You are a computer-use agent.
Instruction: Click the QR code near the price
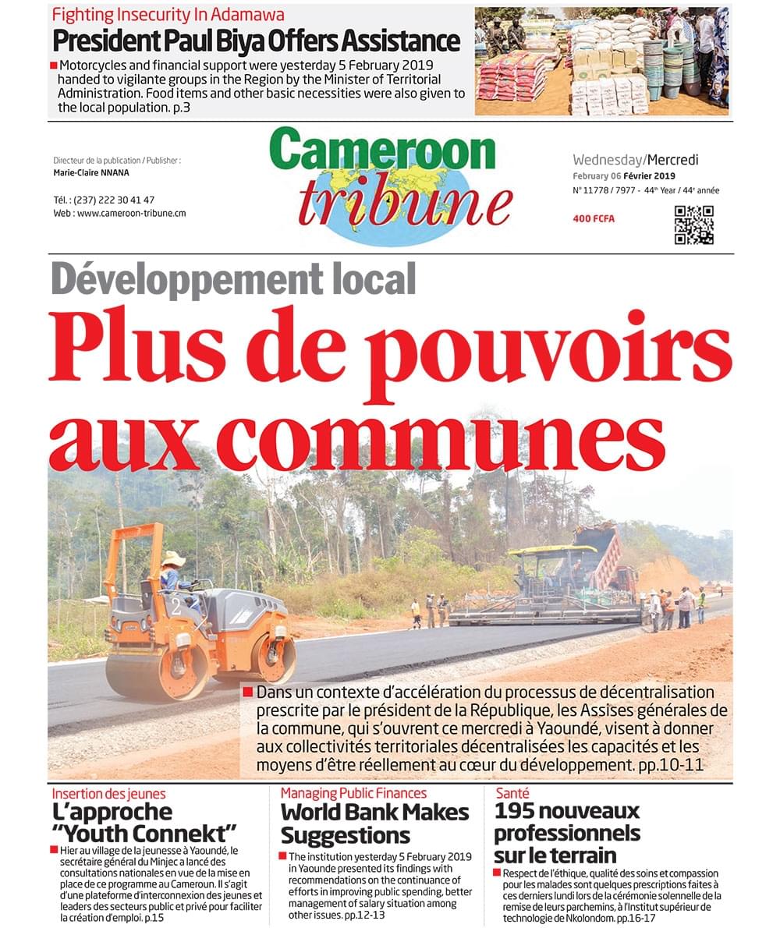[693, 225]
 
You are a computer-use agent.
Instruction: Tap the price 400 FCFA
[593, 219]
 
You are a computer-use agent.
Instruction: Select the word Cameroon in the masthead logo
[383, 151]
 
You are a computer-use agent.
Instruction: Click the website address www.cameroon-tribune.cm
[131, 213]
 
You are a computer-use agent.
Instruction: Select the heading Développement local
[233, 279]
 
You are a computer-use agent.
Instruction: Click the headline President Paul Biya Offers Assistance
[257, 41]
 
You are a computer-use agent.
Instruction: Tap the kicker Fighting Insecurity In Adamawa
[168, 14]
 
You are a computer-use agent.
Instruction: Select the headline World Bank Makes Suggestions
[374, 824]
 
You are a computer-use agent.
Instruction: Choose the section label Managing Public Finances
[353, 793]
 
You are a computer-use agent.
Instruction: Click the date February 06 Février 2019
[624, 176]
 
